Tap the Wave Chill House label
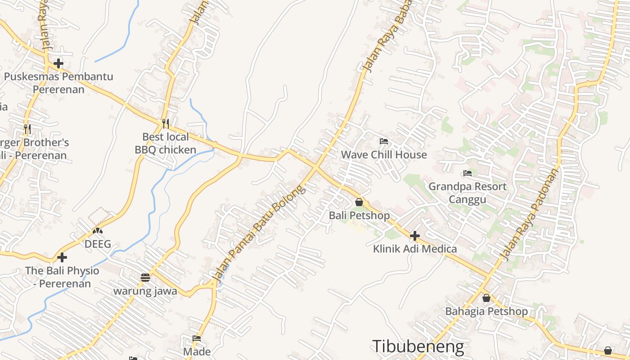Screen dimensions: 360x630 coord(384,155)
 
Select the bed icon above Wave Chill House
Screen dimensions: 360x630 coord(384,141)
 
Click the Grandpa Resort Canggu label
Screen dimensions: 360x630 coord(468,193)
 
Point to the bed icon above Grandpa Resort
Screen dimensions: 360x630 coord(468,173)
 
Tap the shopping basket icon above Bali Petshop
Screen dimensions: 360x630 coord(359,202)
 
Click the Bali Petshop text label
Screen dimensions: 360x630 coord(359,216)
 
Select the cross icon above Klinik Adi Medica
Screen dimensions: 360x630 coord(415,235)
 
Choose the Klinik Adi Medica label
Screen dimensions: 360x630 coord(415,249)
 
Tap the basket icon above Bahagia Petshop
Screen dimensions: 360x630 coord(486,298)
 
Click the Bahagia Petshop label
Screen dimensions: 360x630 coord(486,311)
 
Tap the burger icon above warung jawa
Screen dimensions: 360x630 coord(145,278)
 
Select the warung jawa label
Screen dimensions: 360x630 coord(145,291)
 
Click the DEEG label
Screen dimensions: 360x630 coord(98,244)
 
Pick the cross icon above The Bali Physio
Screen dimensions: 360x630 coord(62,257)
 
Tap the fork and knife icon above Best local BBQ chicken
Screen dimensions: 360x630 coord(166,123)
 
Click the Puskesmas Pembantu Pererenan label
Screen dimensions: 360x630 coord(58,83)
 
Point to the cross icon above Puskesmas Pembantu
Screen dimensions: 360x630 coord(58,63)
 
